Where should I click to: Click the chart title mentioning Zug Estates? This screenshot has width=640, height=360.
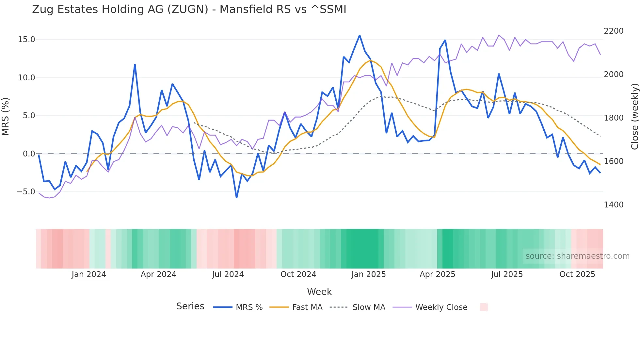point(189,9)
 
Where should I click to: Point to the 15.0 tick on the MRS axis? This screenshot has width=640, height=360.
point(26,40)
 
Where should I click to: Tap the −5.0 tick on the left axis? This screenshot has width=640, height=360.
point(26,192)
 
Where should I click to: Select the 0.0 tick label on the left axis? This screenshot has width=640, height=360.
point(29,154)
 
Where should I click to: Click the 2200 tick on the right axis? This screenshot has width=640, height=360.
point(614,31)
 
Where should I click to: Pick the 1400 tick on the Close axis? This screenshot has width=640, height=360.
point(614,205)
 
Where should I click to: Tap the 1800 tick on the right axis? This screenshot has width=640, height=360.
point(614,118)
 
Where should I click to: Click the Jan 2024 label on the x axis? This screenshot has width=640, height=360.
point(89,274)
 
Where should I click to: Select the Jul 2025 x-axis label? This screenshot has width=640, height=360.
point(507,274)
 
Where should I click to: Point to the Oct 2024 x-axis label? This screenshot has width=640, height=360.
point(298,274)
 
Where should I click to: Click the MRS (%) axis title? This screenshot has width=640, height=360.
point(6,116)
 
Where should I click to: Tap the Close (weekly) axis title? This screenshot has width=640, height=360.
point(634,116)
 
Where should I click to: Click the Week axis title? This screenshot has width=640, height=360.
point(319,292)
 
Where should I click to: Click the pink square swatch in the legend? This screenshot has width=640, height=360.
point(484,307)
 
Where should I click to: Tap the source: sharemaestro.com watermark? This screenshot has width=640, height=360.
point(577,256)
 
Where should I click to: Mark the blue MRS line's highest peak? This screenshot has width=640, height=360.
point(360,35)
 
